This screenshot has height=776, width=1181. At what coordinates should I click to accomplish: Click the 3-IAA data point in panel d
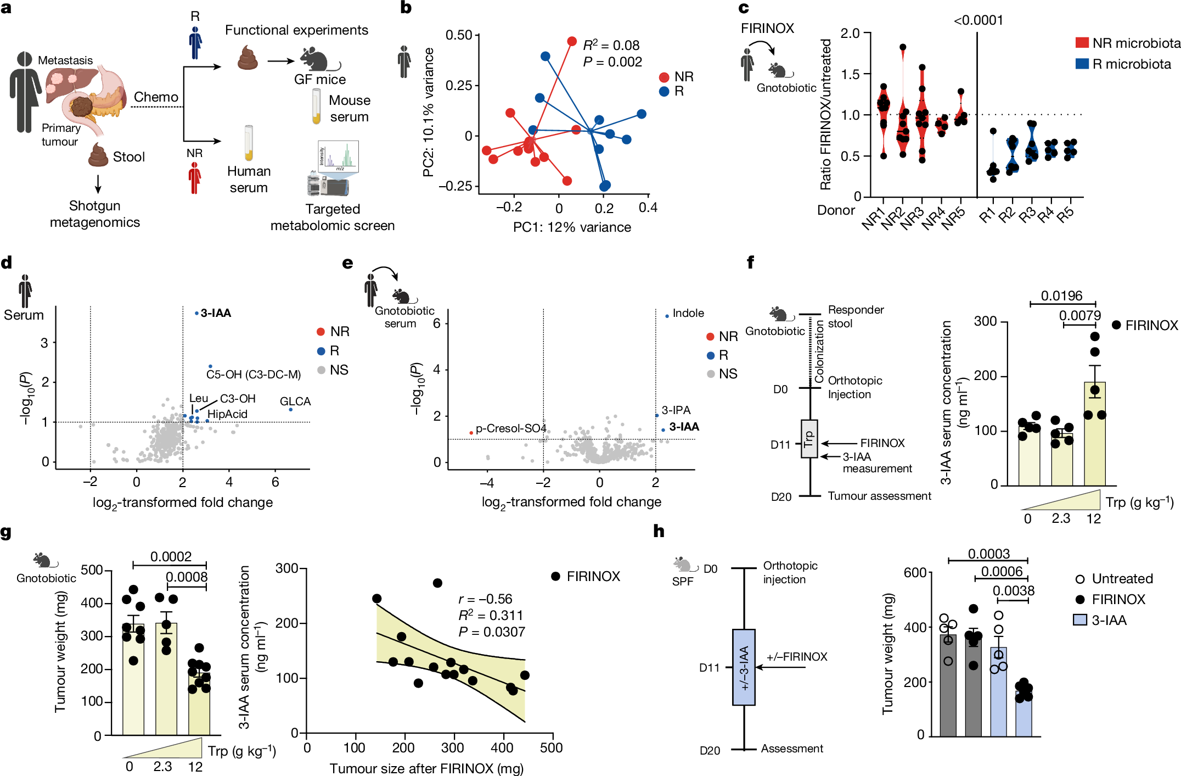pos(197,313)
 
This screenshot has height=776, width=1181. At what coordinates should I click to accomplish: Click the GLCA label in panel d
pos(295,401)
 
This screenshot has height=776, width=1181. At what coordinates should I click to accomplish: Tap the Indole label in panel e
pos(688,313)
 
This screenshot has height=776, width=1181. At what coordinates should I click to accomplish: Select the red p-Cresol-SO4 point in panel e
pos(471,433)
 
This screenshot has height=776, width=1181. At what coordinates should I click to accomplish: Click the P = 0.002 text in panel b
pos(612,62)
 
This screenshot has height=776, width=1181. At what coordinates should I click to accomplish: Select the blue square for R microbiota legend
pos(1082,64)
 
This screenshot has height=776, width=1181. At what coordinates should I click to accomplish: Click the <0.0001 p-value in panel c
pos(978,21)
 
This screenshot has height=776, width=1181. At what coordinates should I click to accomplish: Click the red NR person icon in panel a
pos(195,178)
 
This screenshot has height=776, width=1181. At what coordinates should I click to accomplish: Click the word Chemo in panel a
pos(156,97)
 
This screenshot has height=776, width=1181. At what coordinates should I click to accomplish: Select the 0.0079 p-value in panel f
pos(1079,316)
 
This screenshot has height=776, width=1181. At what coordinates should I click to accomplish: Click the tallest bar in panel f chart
pos(1094,434)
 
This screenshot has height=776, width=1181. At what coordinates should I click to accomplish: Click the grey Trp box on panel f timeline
pos(809,439)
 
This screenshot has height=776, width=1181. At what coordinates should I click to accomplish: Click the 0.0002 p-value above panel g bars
pos(171,556)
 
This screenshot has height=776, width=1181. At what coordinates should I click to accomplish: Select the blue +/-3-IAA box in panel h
pos(744,667)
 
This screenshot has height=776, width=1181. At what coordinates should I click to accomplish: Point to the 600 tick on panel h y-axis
pos(915,573)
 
